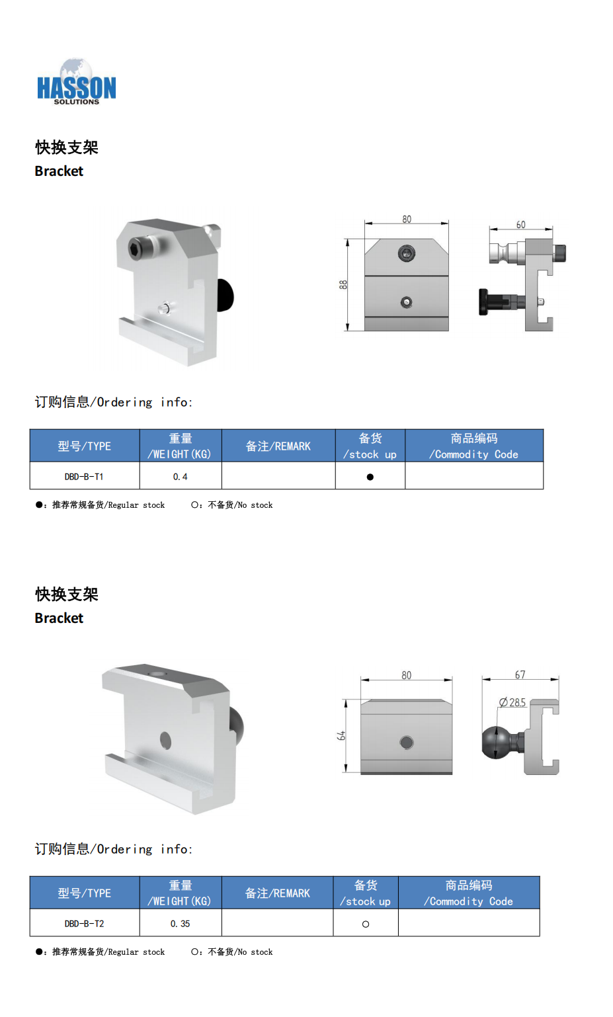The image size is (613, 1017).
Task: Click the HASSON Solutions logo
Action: coord(76,82)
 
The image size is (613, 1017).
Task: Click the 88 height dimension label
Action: coord(343,285)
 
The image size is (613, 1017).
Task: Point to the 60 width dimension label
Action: coord(520,225)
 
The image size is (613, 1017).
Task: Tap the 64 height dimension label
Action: coord(341,735)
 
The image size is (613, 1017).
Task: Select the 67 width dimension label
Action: coord(520,674)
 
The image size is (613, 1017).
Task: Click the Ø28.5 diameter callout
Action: coord(512,702)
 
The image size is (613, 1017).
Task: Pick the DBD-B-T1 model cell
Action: coord(84,477)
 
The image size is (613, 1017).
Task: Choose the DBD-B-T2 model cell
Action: coord(84,924)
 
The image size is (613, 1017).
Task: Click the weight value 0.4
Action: coord(181,477)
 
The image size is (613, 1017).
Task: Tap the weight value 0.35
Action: coord(181,924)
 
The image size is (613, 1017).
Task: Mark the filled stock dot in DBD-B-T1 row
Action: coord(370,477)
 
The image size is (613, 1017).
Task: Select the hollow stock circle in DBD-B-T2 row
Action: coord(366,924)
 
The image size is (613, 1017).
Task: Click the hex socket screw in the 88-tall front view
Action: coord(407,253)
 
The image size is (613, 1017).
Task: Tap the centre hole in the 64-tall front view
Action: coord(407,743)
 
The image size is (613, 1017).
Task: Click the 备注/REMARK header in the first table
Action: coord(278,446)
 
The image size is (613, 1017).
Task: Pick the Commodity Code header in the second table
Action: coord(469,893)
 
